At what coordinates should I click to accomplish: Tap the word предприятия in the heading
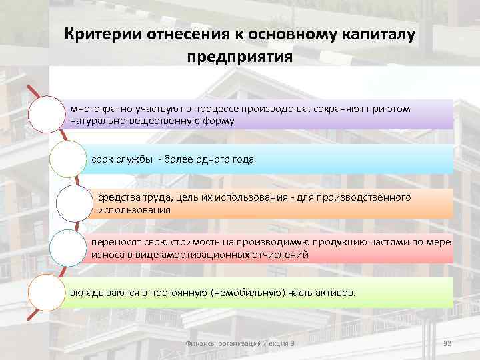click(x=240, y=57)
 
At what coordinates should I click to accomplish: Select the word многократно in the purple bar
click(x=101, y=109)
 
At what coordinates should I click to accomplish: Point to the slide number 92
click(x=447, y=343)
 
